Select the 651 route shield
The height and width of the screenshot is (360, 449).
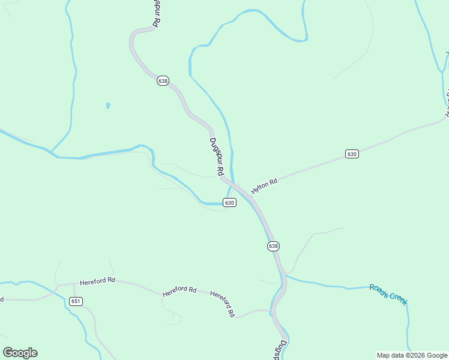click(x=76, y=301)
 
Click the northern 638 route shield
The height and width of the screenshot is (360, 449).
click(x=163, y=80)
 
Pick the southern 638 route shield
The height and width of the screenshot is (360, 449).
click(x=273, y=246)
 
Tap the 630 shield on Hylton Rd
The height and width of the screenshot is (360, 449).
click(x=352, y=154)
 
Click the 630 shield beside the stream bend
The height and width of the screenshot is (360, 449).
click(x=229, y=203)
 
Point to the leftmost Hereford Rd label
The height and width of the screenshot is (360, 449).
click(x=97, y=281)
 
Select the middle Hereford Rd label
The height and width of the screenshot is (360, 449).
click(x=179, y=290)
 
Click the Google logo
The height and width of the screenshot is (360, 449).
click(x=20, y=353)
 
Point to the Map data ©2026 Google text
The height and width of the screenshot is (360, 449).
click(x=412, y=355)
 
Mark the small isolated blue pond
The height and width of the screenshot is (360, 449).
click(x=108, y=106)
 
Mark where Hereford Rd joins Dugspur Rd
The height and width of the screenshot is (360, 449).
click(x=273, y=311)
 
